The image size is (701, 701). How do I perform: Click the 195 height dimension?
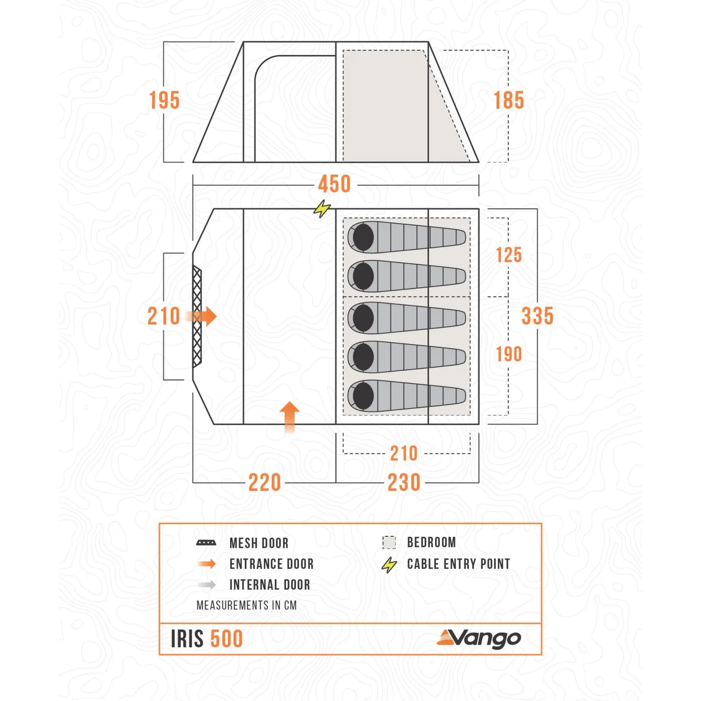pos(164,100)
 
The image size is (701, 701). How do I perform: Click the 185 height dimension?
pos(509,100)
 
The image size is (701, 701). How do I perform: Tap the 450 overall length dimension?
pos(334,184)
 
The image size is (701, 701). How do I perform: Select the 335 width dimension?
pos(537,316)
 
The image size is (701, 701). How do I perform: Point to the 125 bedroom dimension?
pos(509,255)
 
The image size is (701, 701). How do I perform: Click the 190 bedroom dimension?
pos(509,354)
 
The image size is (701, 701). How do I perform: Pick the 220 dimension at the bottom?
pos(265,482)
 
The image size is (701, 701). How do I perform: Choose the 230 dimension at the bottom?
pos(404,482)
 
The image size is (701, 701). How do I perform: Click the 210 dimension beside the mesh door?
pos(164,316)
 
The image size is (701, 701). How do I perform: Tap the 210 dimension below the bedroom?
pos(404,453)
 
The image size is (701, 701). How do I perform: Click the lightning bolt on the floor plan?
pos(322,209)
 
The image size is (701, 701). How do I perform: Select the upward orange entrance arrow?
pos(290,416)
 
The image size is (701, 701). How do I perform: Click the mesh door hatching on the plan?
pos(197,316)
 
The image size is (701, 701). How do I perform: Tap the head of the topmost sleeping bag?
pos(363,237)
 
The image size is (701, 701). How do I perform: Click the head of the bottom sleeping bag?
pos(363,396)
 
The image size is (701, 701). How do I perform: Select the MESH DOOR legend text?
pos(259,543)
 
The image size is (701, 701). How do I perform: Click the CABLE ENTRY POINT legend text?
pos(458,564)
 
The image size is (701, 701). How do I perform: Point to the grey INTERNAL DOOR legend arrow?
pos(207,584)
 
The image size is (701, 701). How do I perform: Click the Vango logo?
pos(479,639)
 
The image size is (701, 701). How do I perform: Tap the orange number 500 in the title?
pos(227,639)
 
